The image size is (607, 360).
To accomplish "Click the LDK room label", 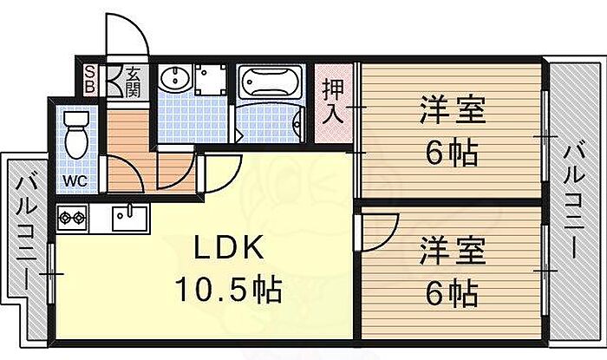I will tap(227, 249).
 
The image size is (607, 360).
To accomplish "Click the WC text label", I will tap(75, 183).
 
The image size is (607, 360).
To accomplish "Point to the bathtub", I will tap(268, 85).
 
